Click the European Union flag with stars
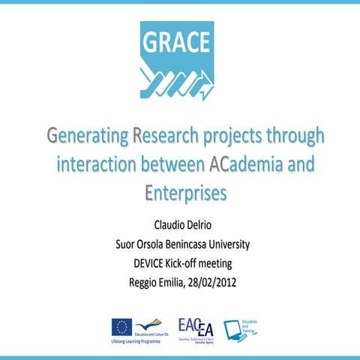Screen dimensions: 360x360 point(121,327)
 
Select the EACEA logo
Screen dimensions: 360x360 point(196,327)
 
